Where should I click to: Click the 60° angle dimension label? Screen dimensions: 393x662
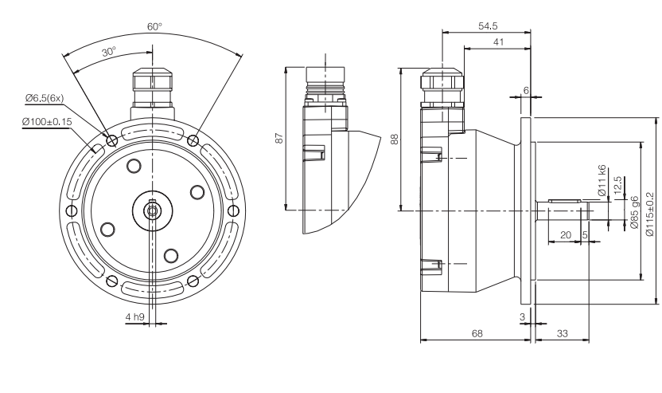coord(154,26)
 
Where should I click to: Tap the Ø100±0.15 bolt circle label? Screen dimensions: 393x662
coord(49,122)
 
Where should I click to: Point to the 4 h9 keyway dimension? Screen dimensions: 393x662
coord(134,317)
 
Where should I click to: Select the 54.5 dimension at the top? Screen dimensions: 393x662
coord(488,26)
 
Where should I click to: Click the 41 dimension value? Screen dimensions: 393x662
coord(497,42)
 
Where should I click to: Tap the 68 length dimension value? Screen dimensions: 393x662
coord(476,335)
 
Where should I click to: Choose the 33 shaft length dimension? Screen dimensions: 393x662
coord(562,335)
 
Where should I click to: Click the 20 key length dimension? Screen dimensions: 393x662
coord(566,235)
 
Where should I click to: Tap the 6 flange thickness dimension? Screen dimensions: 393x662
coord(526,90)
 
